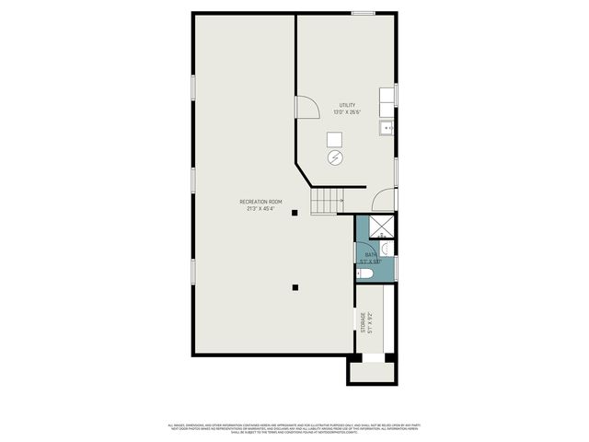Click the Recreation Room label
(260, 201)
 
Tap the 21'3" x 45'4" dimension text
(260, 208)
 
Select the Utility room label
(347, 105)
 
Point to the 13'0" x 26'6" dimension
(347, 112)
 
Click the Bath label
(370, 254)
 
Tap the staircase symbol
(326, 202)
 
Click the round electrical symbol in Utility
(335, 157)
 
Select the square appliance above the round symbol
(335, 138)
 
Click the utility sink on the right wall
(388, 127)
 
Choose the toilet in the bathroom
(365, 273)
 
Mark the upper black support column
(294, 213)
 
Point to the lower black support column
(294, 287)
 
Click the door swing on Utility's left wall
(306, 108)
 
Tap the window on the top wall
(363, 13)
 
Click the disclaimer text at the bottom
(294, 428)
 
